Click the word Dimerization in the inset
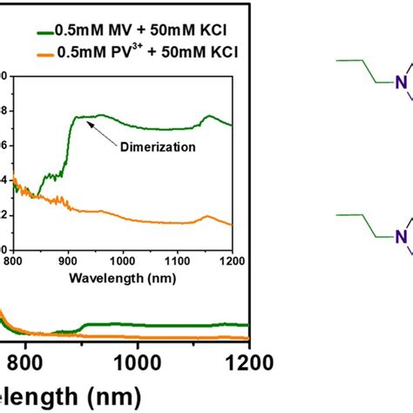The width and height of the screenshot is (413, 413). click(x=154, y=148)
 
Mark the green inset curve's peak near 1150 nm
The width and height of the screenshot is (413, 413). click(x=207, y=115)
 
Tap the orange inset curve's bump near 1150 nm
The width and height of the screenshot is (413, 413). click(x=207, y=216)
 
